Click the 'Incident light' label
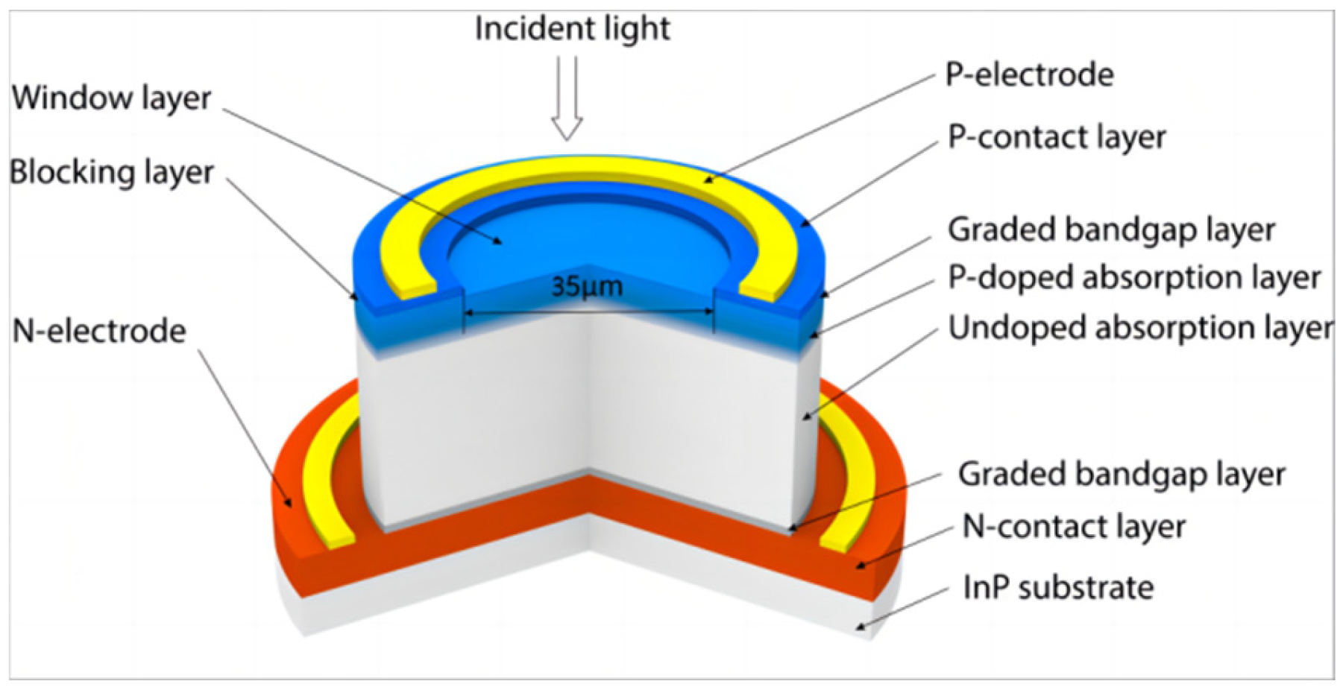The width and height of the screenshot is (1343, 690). click(572, 29)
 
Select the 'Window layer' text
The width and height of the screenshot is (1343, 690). click(112, 98)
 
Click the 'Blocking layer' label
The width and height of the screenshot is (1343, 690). click(112, 172)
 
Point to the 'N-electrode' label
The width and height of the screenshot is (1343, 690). click(99, 331)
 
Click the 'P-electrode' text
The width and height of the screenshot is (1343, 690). click(1029, 75)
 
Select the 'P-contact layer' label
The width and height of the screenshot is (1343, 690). click(1056, 137)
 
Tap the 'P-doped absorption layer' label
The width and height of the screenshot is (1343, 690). click(1133, 277)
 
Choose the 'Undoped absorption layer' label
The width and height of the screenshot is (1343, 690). click(1139, 328)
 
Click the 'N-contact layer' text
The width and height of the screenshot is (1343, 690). click(1074, 527)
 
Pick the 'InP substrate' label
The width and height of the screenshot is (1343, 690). click(1058, 587)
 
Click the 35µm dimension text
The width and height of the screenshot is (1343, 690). click(587, 287)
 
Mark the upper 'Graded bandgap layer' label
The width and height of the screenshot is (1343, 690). click(1111, 230)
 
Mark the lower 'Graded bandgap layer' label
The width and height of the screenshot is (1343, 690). click(1122, 474)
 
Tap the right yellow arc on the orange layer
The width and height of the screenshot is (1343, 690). click(858, 492)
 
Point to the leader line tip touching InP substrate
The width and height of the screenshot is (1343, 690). click(859, 627)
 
